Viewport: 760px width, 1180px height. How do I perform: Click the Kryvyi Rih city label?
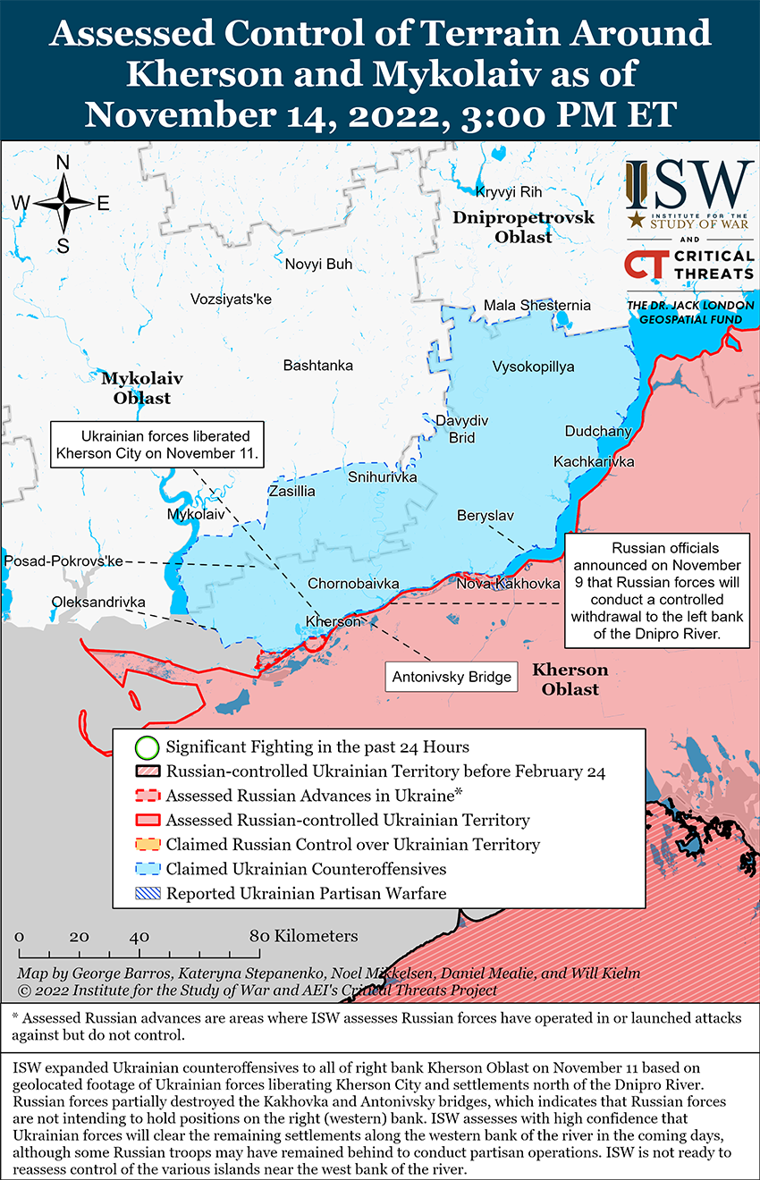[509, 192]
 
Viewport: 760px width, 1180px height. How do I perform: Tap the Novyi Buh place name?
[318, 264]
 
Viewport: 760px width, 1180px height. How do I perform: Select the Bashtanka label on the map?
[317, 366]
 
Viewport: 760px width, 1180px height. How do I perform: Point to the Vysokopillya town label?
[533, 367]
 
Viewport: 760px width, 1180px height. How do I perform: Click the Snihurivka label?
[382, 477]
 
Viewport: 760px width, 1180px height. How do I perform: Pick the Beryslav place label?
[485, 516]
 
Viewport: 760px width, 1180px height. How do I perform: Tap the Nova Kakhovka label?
[508, 584]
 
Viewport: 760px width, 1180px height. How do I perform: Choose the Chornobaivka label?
[353, 584]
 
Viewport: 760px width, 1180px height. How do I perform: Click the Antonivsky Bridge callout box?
[452, 677]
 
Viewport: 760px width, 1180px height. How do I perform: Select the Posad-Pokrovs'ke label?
[63, 560]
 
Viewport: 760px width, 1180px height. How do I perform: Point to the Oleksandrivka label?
[98, 603]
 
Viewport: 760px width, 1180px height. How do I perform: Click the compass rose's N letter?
[63, 163]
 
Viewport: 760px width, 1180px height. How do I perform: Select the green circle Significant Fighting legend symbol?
[148, 746]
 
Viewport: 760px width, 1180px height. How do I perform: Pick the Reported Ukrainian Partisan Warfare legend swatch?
[148, 893]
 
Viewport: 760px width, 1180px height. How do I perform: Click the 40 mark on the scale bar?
[139, 937]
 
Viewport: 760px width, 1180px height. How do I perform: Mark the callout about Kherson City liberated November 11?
[157, 444]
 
